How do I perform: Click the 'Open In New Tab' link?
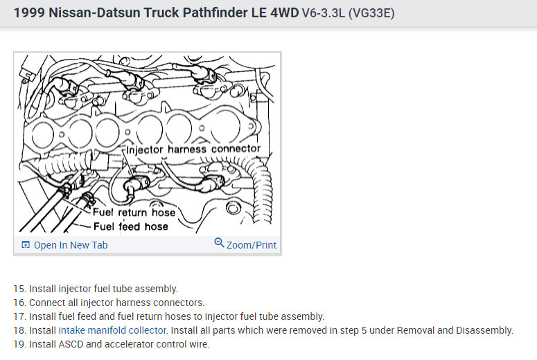point(70,245)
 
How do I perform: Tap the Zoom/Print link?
point(251,245)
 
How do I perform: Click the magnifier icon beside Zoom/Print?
point(220,244)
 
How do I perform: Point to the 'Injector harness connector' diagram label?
point(193,149)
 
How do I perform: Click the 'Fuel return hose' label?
point(134,213)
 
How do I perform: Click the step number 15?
point(19,289)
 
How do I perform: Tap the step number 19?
point(19,344)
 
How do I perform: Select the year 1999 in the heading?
point(28,12)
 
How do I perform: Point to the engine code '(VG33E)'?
point(371,13)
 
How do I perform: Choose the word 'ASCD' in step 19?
point(71,344)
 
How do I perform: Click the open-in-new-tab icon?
point(26,245)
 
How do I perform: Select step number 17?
point(19,316)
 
